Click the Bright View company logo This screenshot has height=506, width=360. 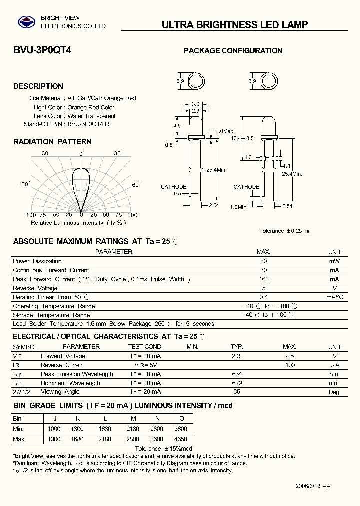pos(24,22)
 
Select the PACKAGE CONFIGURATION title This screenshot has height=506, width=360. pos(233,51)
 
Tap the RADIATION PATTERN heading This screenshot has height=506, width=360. pos(52,142)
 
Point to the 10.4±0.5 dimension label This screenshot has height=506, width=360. pos(243,138)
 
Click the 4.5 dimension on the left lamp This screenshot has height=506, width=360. pos(177,126)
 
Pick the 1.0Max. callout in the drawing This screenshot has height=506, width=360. pos(225,131)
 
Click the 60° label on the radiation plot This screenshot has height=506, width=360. pos(136,185)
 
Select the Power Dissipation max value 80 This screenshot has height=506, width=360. pos(264,261)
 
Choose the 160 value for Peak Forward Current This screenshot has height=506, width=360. pos(264,279)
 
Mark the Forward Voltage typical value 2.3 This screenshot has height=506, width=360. pos(236,356)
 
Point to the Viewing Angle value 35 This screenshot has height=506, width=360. pos(237,392)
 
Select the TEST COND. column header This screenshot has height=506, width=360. pos(145,347)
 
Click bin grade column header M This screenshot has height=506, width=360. pos(133,418)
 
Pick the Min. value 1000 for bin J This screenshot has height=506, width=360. pos(54,429)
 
